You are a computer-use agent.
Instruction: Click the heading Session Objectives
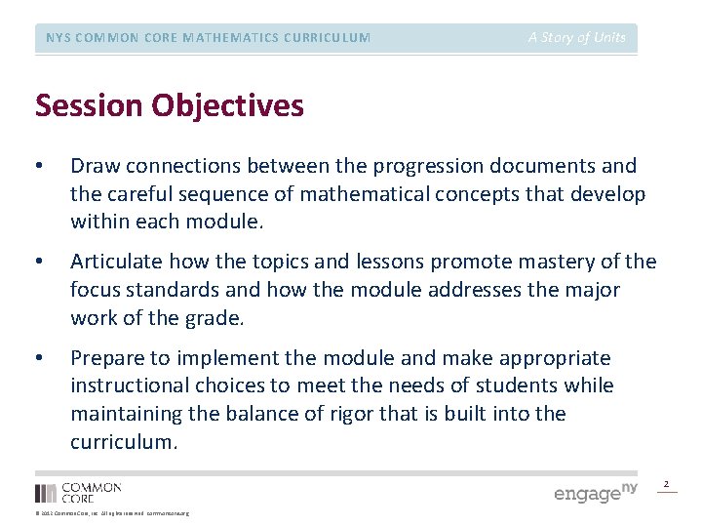169,105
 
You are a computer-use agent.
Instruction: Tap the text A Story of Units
577,37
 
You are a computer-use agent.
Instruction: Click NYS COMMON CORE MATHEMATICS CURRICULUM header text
209,38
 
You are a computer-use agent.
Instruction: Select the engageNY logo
595,492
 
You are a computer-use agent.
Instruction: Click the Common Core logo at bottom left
78,493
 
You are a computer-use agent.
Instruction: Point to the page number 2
667,484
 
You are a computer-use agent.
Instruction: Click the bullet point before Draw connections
40,167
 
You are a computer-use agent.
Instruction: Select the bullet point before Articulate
40,263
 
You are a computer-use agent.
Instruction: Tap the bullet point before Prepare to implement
40,358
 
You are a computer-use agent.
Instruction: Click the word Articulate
116,263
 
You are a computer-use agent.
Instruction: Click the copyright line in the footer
112,513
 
